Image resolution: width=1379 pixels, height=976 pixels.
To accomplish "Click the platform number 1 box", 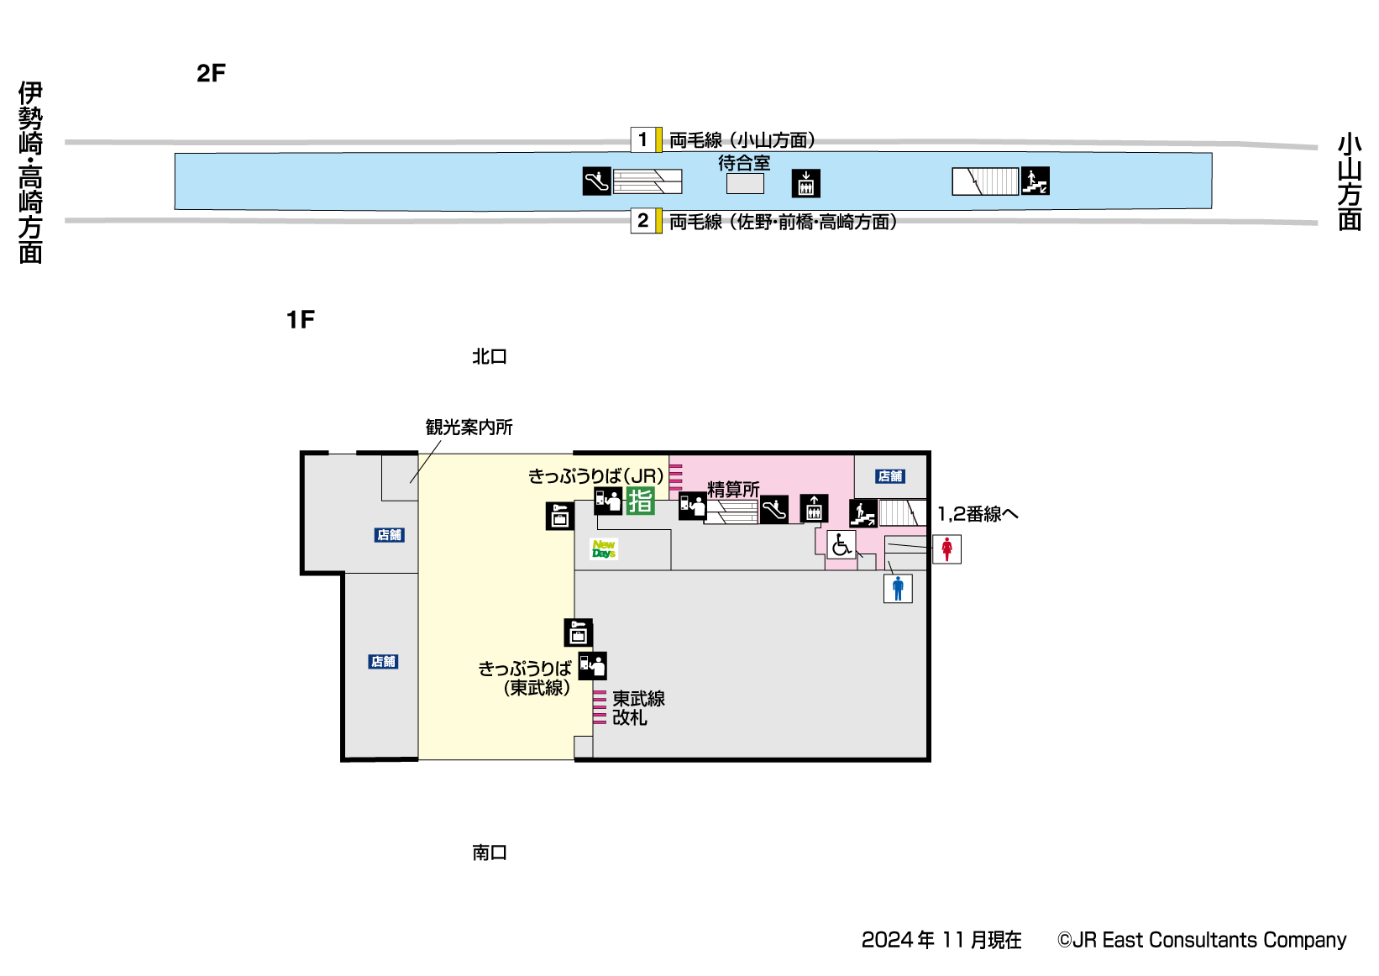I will click(x=642, y=139).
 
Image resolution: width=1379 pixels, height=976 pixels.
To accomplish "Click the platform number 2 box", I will click(x=642, y=221).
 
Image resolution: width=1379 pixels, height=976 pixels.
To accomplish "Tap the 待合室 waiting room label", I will click(x=744, y=163).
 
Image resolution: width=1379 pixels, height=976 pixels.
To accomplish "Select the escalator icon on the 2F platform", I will click(x=596, y=181).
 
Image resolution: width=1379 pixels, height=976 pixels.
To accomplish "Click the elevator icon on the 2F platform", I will click(x=805, y=183).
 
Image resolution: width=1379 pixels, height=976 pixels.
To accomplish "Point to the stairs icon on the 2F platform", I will click(x=1035, y=181).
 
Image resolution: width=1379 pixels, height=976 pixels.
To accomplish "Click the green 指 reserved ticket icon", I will click(x=640, y=501).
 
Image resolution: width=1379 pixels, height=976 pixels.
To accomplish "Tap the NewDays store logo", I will click(x=604, y=549).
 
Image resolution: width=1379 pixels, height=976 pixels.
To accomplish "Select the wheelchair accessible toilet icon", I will click(x=841, y=545).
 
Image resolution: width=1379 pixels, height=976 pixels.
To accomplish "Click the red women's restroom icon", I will click(x=946, y=549).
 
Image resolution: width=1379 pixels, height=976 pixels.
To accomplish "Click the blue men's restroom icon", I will click(x=898, y=589).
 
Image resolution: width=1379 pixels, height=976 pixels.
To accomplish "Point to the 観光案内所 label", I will click(x=469, y=428).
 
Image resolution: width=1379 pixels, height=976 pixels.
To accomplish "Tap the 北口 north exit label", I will click(x=489, y=357).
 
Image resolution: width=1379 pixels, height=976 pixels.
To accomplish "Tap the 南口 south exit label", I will click(x=489, y=853).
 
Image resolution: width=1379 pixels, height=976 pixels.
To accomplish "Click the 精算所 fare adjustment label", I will click(x=733, y=489).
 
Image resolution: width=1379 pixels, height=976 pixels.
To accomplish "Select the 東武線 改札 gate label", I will click(x=638, y=708).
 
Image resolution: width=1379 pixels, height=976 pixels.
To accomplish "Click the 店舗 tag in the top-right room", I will click(x=890, y=476).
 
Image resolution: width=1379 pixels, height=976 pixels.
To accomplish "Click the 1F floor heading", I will click(x=301, y=320).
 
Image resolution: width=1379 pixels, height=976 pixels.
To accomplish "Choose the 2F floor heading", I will click(x=211, y=74).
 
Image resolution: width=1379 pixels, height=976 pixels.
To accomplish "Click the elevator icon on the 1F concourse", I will click(x=814, y=508).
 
